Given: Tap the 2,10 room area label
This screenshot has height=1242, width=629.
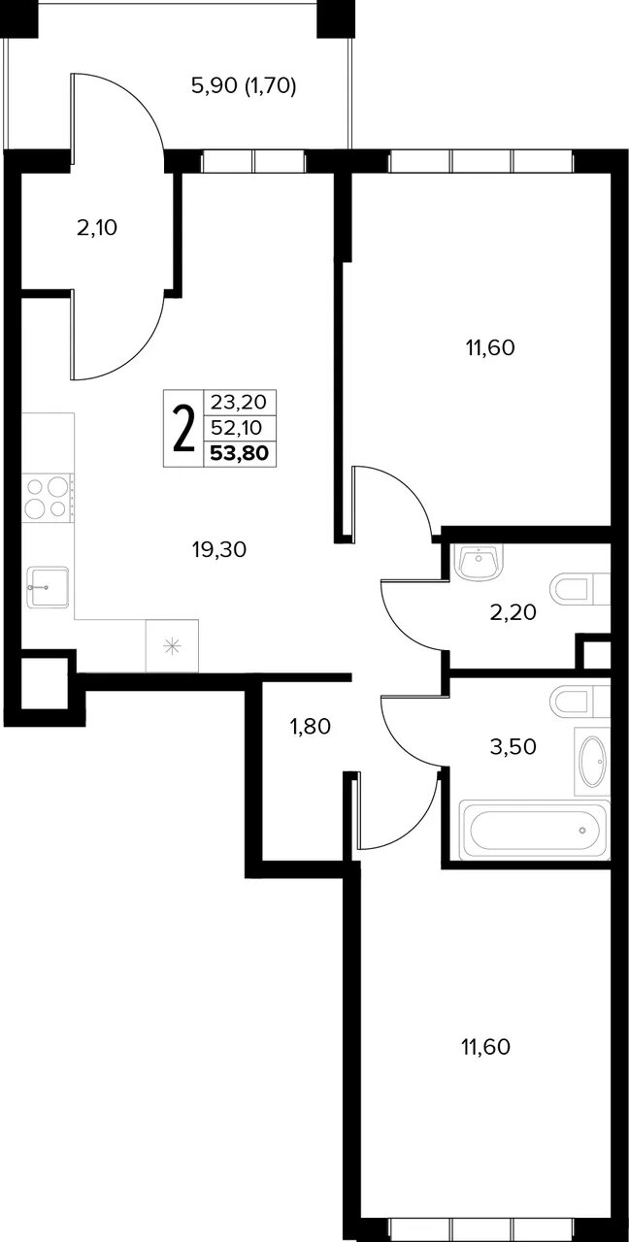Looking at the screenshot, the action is (97, 228).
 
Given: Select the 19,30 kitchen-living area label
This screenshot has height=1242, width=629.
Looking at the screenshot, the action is (219, 549).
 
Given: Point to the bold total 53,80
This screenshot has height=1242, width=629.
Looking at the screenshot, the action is (240, 453).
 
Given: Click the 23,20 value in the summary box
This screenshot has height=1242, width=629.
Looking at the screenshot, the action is (240, 402).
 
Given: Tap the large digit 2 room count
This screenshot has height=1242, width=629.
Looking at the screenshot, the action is (184, 428).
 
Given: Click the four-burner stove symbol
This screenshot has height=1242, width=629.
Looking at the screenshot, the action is (48, 498).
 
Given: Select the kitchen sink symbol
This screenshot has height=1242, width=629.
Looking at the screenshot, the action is (48, 587).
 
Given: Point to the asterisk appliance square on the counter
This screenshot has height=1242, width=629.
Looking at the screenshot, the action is (172, 646).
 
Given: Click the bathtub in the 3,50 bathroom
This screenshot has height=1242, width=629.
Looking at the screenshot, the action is (535, 830).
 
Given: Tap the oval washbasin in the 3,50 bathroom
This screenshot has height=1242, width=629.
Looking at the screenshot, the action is (592, 762).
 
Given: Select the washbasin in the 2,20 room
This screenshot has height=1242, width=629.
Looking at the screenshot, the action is (479, 563).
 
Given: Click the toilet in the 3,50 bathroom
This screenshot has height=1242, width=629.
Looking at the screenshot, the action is (580, 702).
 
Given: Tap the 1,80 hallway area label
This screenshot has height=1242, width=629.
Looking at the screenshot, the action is (311, 726).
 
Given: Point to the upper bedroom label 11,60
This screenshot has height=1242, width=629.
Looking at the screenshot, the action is (490, 347).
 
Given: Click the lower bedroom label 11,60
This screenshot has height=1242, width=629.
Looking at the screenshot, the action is (486, 1047).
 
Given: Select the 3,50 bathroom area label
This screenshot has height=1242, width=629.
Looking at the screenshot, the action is (513, 747).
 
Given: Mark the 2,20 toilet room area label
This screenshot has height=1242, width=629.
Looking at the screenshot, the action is (513, 612).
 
